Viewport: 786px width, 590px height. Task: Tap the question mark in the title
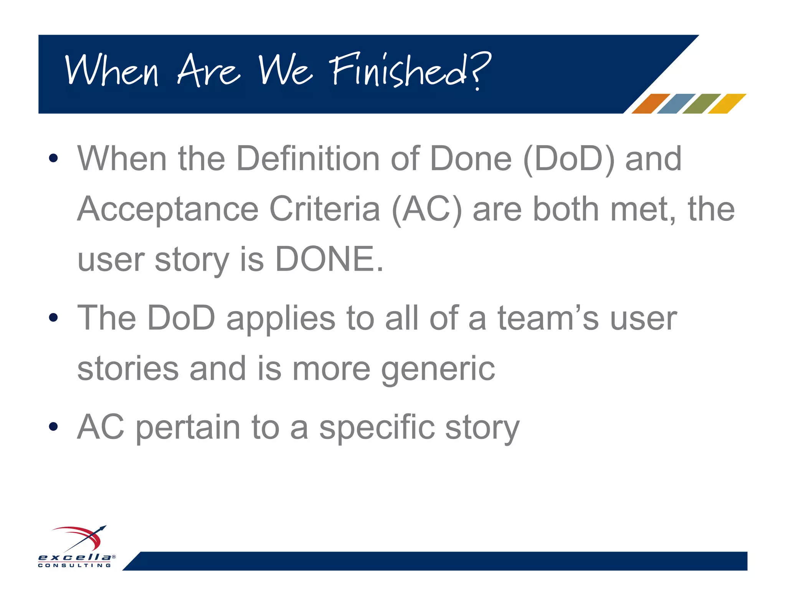480,69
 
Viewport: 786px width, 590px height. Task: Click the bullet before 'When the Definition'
53,158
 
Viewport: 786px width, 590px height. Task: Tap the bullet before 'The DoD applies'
53,317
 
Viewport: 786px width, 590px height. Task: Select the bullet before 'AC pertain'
53,426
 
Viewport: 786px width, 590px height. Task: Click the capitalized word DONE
329,259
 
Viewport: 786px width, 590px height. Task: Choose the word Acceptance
168,210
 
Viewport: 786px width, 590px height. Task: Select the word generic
438,370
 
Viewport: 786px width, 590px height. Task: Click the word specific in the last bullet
377,428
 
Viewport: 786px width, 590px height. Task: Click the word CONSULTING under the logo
75,565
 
